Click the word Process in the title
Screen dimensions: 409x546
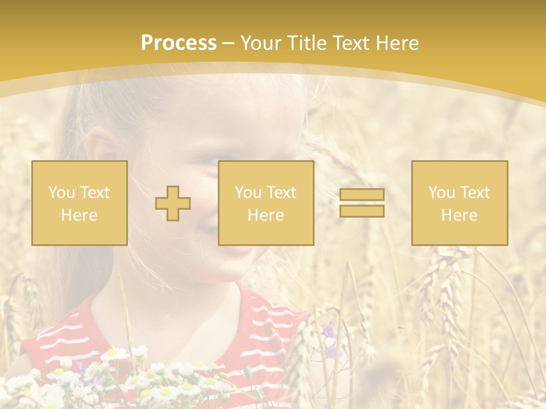pos(179,43)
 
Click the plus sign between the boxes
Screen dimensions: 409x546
pos(173,203)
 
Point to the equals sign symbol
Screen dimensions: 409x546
pos(362,203)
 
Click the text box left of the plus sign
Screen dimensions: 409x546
pos(80,203)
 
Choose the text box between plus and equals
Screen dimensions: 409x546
pos(266,203)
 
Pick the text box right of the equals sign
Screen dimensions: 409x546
pos(460,203)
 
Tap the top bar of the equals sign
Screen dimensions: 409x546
pos(362,195)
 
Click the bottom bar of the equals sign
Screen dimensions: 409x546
pos(362,211)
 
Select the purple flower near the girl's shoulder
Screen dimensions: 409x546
pos(328,331)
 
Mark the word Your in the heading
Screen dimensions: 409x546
pos(260,43)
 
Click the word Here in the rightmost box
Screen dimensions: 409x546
pos(460,215)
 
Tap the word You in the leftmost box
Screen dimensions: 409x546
pos(61,193)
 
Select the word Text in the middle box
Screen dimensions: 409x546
pos(282,193)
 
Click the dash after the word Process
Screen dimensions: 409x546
pos(229,43)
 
